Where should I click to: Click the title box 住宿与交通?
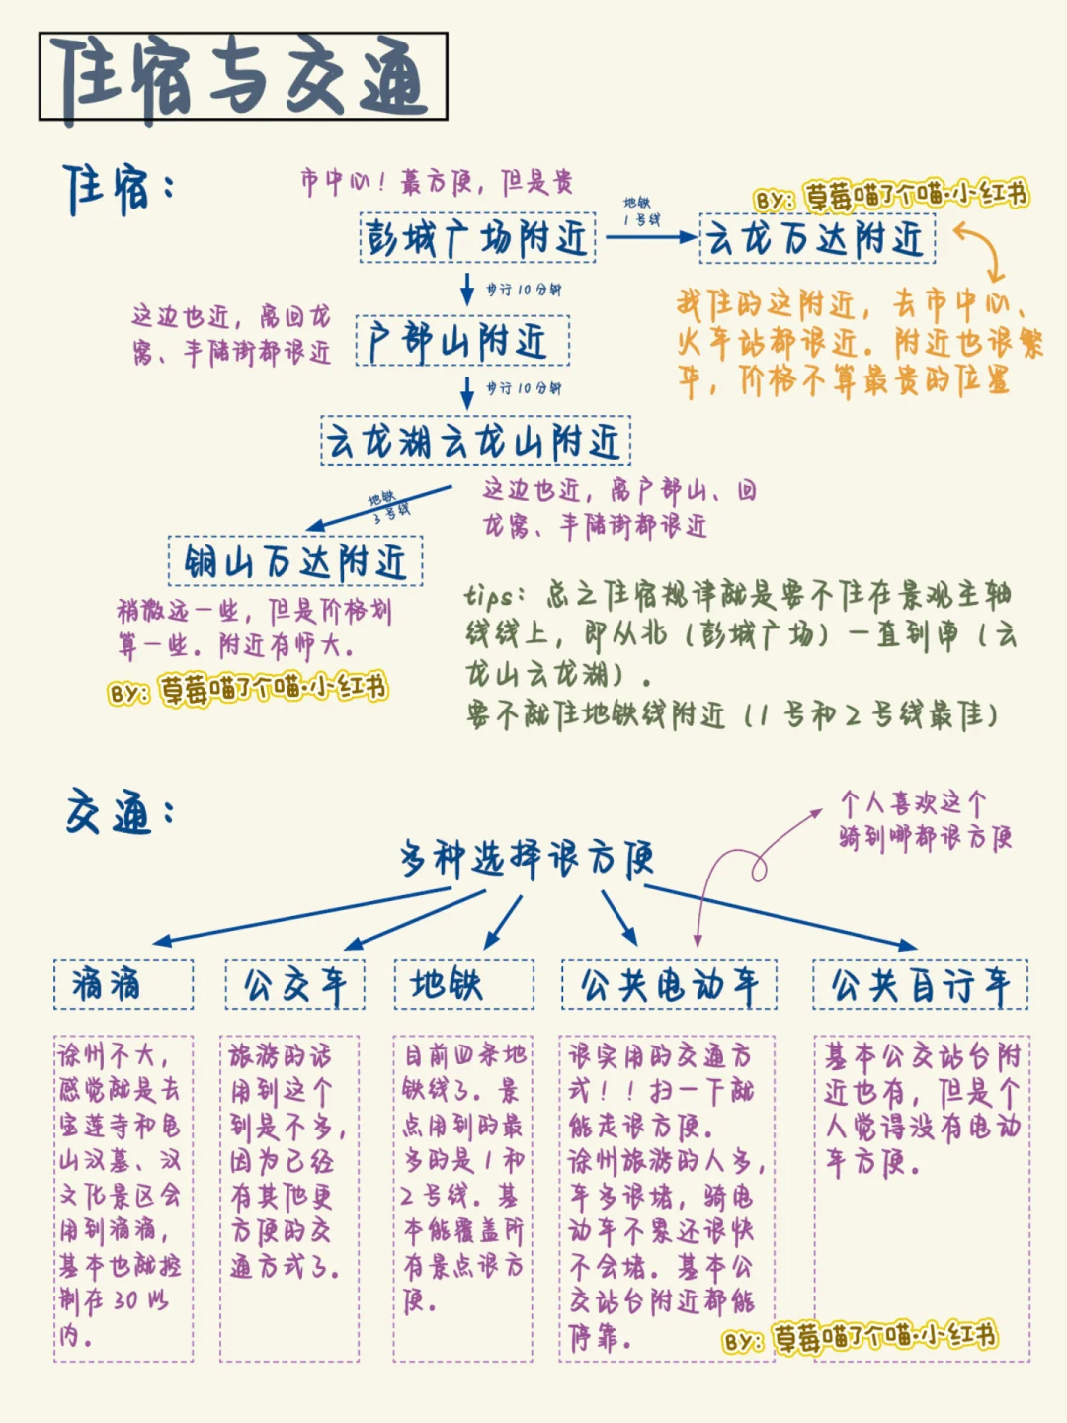tap(243, 76)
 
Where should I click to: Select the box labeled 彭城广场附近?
tap(477, 237)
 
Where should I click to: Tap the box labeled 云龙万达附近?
tap(817, 239)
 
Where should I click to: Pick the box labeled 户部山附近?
tap(462, 341)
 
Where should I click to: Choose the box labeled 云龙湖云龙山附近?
tap(475, 442)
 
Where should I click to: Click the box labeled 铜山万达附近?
tap(295, 561)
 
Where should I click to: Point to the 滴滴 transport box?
tap(123, 984)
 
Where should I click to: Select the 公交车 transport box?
tap(294, 984)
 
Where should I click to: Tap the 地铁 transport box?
tap(463, 984)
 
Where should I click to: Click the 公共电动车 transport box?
tap(669, 984)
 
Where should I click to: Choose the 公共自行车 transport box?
tap(920, 984)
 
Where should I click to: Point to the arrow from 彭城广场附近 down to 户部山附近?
tap(467, 289)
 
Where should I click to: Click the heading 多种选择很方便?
tap(527, 859)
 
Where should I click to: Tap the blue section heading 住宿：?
tap(118, 189)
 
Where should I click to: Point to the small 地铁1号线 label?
tap(640, 210)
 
